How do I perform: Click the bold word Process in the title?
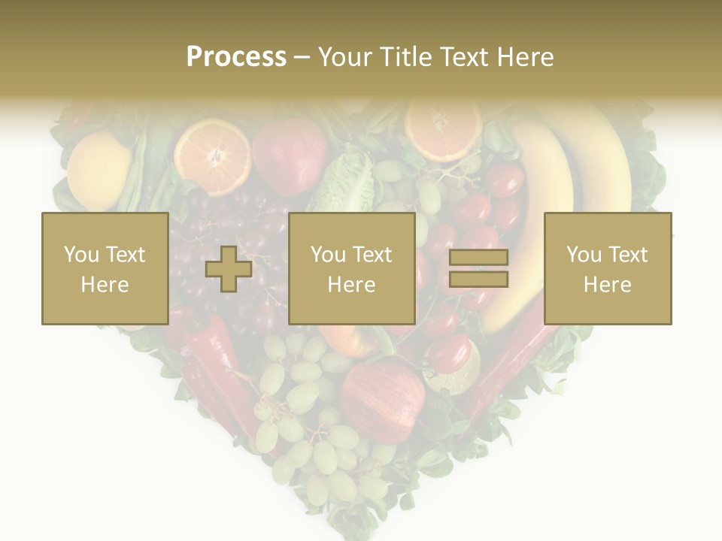(x=236, y=56)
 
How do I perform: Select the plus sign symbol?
(x=229, y=269)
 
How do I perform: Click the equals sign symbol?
(x=478, y=268)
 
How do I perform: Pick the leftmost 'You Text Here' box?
(x=105, y=268)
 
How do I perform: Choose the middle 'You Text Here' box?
(x=351, y=268)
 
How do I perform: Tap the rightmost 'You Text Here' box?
(x=607, y=268)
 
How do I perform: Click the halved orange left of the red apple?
(x=212, y=157)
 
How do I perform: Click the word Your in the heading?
(x=345, y=56)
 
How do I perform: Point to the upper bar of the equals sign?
(x=478, y=257)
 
